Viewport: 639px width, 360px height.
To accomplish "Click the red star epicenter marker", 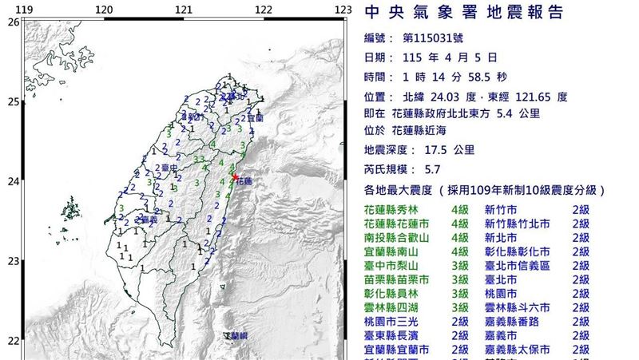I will pos(234,176).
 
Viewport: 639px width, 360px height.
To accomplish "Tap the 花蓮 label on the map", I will pos(244,182).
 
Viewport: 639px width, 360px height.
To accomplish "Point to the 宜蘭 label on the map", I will pos(256,117).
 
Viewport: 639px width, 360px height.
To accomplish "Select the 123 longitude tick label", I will pos(343,10).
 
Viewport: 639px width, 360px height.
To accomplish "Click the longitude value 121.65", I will pos(528,97).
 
